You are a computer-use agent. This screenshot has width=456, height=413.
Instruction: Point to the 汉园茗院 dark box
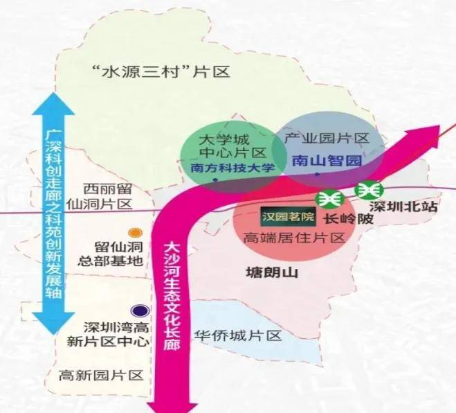tap(287, 218)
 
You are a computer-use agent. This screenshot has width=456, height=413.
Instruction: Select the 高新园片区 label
tap(101, 375)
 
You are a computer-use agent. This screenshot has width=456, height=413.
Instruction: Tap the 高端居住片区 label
tap(294, 238)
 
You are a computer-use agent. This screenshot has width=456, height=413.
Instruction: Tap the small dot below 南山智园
tap(318, 175)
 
